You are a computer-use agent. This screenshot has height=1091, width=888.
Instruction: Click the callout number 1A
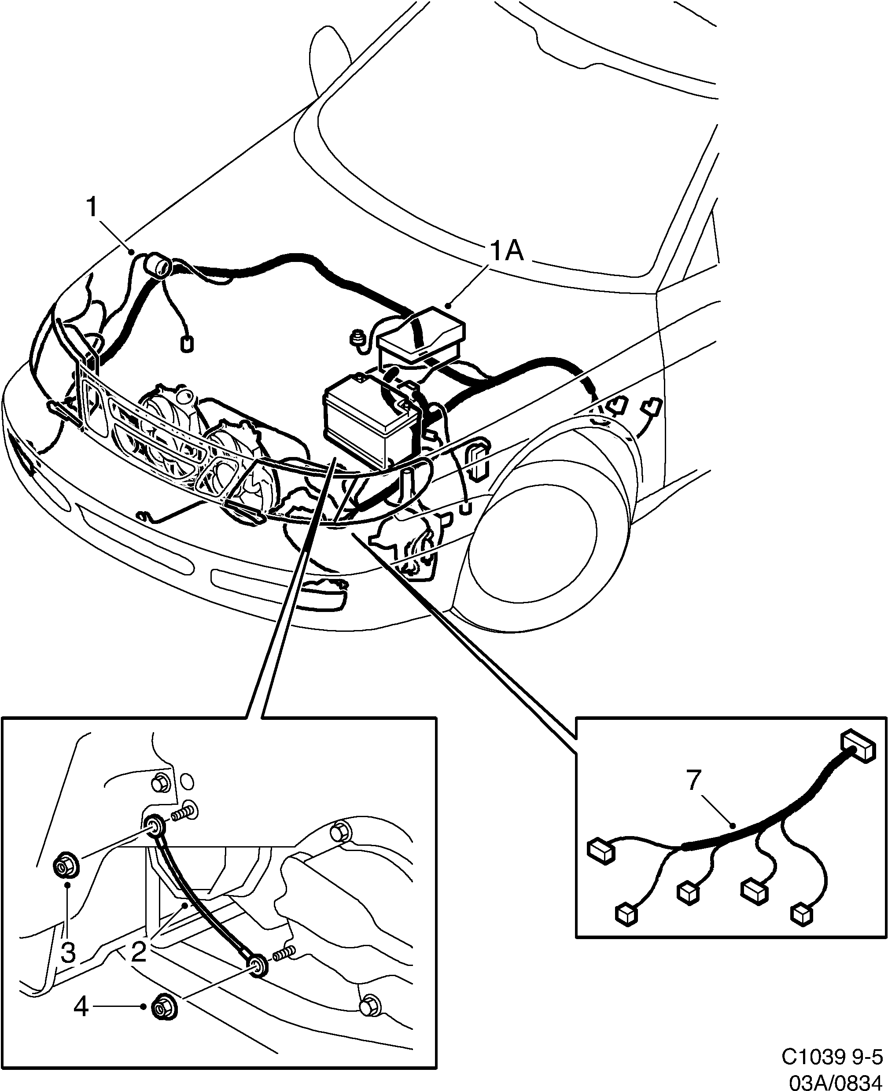coord(506,252)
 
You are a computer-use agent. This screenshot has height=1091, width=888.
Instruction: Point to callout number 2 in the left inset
coord(139,951)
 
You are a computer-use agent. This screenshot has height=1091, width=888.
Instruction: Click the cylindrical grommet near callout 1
coord(158,266)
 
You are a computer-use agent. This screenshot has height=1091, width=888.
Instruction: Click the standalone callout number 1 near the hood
coord(92,208)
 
